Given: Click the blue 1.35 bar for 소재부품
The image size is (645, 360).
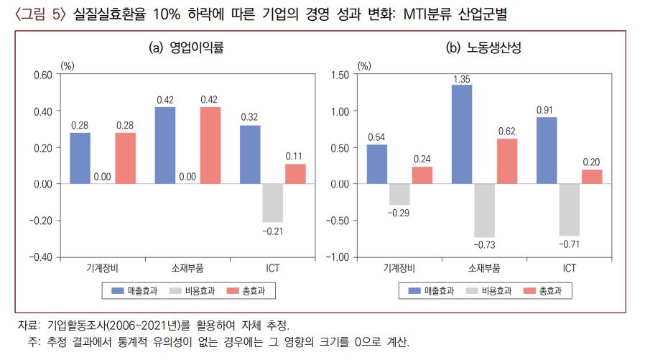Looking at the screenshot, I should [462, 134].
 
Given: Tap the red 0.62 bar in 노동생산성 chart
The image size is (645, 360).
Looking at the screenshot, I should [507, 161].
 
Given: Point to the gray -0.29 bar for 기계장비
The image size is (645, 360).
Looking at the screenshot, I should [399, 195].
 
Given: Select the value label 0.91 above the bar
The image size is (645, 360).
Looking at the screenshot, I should [546, 110].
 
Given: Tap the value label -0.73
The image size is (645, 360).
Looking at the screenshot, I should [485, 245].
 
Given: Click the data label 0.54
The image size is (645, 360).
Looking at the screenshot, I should [376, 137].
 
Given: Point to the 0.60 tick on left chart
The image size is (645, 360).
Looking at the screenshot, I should [42, 75].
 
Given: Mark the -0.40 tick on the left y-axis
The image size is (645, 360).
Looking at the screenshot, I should [41, 257].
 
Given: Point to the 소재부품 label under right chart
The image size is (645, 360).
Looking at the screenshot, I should [485, 268].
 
